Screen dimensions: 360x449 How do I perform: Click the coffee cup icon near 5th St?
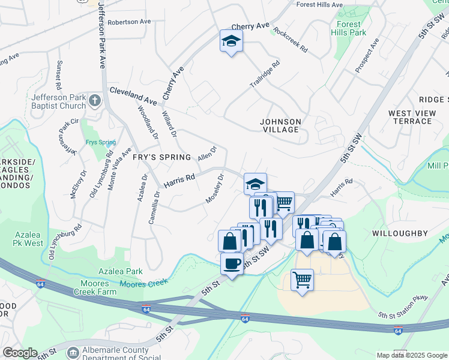232,263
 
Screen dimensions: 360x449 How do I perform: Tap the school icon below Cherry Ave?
231,41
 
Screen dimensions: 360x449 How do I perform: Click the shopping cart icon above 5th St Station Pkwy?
302,279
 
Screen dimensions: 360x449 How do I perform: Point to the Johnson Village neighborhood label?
280,125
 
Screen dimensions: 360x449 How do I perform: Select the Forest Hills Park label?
349,29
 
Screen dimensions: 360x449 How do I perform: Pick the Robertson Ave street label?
129,22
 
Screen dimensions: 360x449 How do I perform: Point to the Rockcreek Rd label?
290,39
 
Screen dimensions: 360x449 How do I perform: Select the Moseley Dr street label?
215,188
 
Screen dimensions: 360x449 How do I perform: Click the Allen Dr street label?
207,153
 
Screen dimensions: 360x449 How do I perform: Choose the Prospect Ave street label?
367,56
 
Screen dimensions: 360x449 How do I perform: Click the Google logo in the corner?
20,353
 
